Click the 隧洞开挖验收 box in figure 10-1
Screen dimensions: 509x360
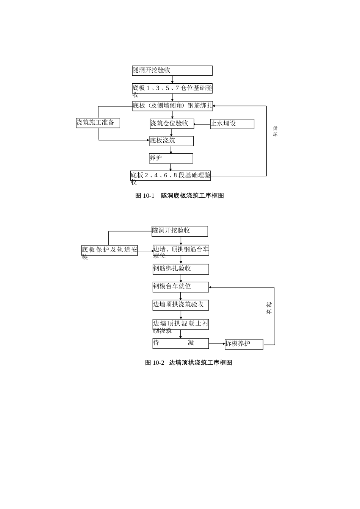click(x=172, y=71)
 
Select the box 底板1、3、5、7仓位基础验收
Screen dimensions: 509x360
click(x=172, y=89)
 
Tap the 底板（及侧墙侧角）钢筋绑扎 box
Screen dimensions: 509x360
click(x=172, y=106)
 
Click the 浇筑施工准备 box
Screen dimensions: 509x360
click(x=98, y=123)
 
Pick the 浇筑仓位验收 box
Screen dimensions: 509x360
click(x=172, y=124)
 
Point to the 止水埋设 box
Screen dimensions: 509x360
click(x=232, y=124)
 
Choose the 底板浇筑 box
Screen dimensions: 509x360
click(x=171, y=141)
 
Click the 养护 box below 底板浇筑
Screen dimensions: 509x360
click(x=171, y=158)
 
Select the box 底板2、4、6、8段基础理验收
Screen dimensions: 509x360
click(x=171, y=176)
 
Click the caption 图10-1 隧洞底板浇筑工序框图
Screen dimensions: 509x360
click(x=180, y=196)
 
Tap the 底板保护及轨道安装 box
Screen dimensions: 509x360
click(x=110, y=250)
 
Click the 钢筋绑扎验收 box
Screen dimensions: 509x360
click(x=181, y=269)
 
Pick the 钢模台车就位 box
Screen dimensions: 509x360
click(x=181, y=287)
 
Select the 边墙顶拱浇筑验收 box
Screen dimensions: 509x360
click(x=180, y=305)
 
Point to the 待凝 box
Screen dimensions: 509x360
click(x=180, y=343)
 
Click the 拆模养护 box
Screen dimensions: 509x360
click(x=244, y=344)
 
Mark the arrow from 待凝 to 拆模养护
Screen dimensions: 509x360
click(x=217, y=344)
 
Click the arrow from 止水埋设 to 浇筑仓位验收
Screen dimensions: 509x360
click(x=202, y=124)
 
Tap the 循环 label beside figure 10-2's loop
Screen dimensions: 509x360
click(x=269, y=308)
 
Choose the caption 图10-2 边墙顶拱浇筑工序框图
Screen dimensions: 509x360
click(x=189, y=363)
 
